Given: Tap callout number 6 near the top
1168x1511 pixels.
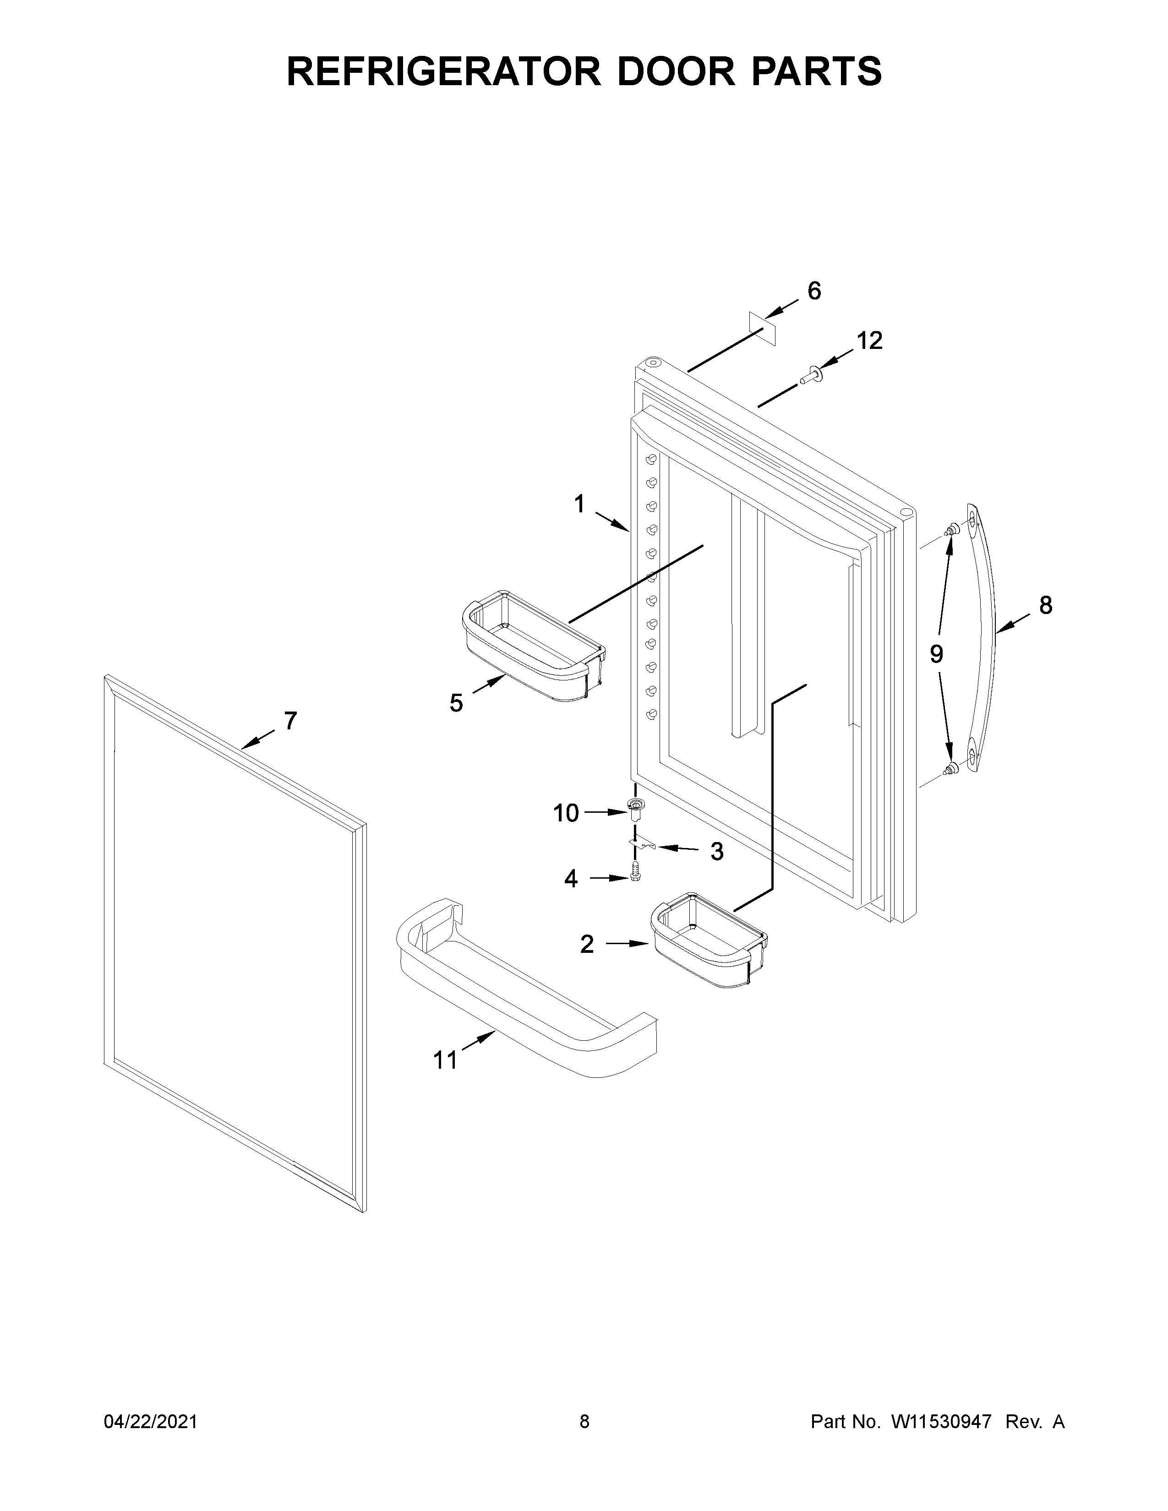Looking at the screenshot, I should (814, 291).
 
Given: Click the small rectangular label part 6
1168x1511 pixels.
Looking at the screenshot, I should (763, 328).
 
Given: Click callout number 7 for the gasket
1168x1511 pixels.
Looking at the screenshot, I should (290, 721).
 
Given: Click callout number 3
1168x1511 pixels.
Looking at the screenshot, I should (717, 852).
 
